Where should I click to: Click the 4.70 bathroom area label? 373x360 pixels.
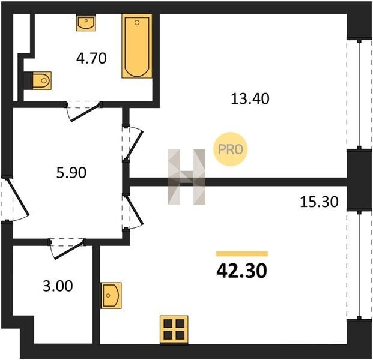click(91, 58)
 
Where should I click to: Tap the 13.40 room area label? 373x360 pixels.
click(250, 99)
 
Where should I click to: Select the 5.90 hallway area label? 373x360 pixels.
click(71, 173)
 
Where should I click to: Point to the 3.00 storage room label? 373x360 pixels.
click(58, 286)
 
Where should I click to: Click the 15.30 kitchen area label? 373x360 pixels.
click(319, 202)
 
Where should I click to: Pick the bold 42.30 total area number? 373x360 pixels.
click(241, 271)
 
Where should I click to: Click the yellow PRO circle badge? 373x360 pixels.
click(230, 149)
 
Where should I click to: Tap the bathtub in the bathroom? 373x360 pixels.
click(137, 46)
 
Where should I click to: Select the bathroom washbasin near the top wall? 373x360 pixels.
click(86, 23)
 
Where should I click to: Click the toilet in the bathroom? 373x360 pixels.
click(38, 80)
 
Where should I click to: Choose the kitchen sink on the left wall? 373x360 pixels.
click(111, 295)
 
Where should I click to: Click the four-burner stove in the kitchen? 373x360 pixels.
click(174, 329)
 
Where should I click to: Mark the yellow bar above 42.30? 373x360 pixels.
click(242, 254)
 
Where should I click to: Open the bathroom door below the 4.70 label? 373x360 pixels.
click(83, 111)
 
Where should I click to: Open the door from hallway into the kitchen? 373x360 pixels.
click(133, 211)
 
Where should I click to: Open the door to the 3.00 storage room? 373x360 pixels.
click(67, 249)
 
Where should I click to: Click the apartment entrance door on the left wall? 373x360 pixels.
click(15, 199)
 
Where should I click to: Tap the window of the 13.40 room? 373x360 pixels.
click(359, 94)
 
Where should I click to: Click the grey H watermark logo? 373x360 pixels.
click(186, 177)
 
